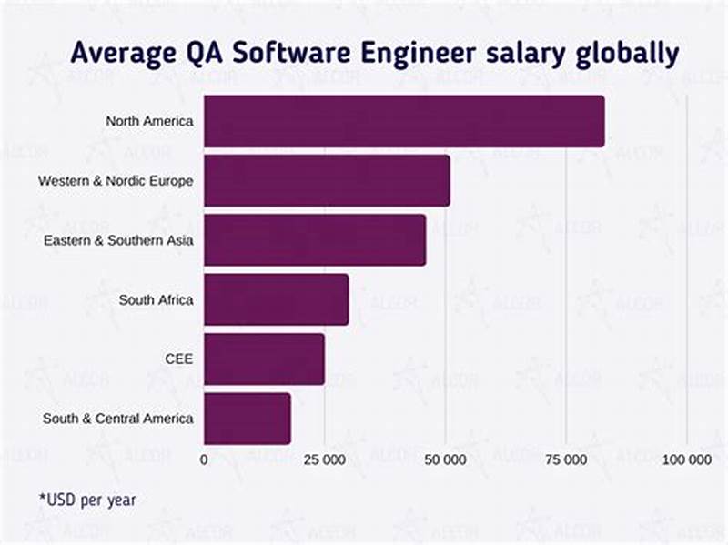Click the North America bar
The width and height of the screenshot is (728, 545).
coord(403,121)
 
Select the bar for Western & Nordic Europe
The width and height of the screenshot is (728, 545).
coord(326,181)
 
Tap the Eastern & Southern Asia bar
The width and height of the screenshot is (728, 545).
coord(314,240)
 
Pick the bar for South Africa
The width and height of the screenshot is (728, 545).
coord(276,299)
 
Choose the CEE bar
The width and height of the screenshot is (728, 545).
coord(264,358)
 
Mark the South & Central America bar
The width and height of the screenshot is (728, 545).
coord(247,419)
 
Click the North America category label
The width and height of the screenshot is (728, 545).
coord(149,121)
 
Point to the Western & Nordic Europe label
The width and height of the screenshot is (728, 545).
coord(116,181)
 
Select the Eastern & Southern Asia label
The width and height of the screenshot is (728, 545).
coord(118,240)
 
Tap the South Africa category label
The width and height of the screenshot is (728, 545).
coord(156,299)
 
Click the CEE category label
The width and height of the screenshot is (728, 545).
coord(178,358)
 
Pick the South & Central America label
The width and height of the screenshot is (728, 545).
coord(117,419)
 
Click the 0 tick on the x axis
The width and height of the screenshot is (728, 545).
coord(204,460)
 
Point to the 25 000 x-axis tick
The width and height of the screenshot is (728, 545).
coord(324,460)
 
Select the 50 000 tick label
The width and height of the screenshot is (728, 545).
coord(445,460)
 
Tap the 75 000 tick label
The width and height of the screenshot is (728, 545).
coord(566,460)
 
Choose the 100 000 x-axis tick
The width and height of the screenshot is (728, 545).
coord(686,460)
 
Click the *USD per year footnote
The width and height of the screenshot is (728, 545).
coord(86,500)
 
